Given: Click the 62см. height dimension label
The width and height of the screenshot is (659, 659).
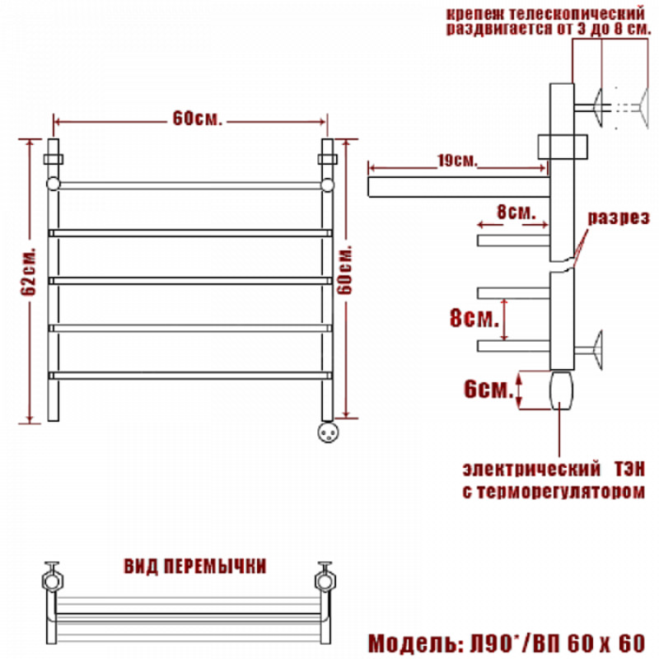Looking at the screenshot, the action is [x=29, y=272].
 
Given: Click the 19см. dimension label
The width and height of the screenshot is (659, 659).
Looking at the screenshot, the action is [x=457, y=161].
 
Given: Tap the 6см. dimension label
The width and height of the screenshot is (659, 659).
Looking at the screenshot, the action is [x=488, y=390].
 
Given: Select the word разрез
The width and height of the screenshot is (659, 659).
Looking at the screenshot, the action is [x=619, y=217].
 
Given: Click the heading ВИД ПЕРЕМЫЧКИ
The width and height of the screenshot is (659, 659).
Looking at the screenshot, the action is [x=195, y=567].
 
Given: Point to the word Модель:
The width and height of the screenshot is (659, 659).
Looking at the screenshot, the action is [x=416, y=643].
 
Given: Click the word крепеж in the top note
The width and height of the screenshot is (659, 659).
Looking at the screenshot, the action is [x=475, y=13].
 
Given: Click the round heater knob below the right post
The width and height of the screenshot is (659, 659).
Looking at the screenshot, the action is [x=328, y=432].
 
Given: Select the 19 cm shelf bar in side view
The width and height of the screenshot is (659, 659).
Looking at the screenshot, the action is [x=460, y=187].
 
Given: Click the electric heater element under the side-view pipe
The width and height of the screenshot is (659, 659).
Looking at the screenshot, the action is [x=562, y=390].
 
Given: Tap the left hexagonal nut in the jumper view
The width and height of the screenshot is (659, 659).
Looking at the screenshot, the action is [x=53, y=581].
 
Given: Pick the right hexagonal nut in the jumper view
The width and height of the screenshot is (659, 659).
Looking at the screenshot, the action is [x=325, y=581].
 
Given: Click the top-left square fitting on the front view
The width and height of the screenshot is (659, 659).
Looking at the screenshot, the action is [x=54, y=159].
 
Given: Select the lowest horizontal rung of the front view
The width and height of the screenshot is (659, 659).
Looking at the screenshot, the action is [x=190, y=376].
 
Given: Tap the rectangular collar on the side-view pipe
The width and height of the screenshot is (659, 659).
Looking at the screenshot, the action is [x=563, y=147].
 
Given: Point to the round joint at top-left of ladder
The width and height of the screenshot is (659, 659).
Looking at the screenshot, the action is [x=54, y=185].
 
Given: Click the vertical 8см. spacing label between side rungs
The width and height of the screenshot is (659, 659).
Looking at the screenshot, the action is [x=474, y=318].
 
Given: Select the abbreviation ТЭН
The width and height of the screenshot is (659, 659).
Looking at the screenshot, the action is [x=629, y=469].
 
